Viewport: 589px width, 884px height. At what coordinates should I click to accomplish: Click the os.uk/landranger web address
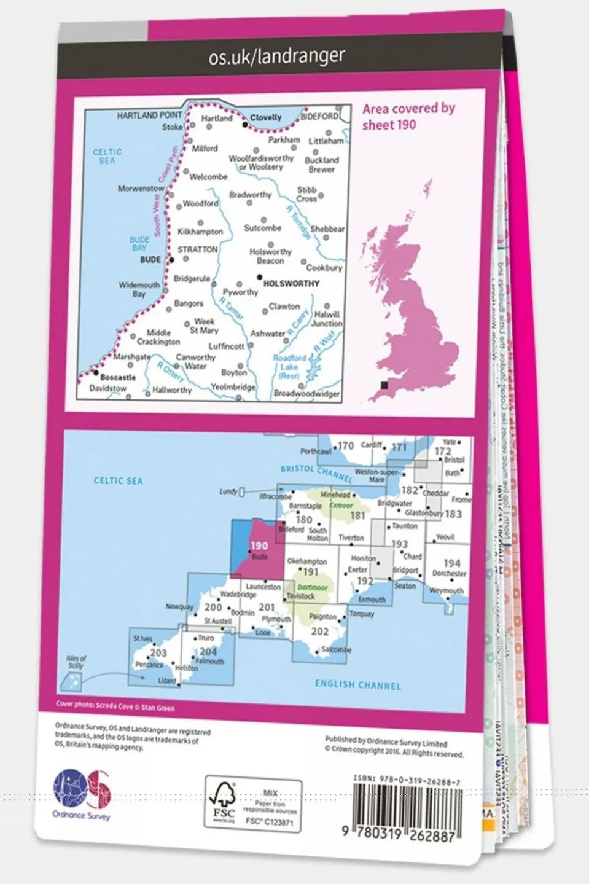click(x=276, y=57)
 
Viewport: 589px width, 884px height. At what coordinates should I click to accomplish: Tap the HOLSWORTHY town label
click(x=291, y=284)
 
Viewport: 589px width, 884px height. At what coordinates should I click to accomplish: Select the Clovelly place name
click(x=266, y=117)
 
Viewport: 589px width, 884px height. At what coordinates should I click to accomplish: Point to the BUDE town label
click(x=150, y=260)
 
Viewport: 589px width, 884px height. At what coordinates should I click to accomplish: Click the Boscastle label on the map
click(x=118, y=377)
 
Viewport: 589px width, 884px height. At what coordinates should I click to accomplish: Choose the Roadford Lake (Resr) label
click(x=289, y=366)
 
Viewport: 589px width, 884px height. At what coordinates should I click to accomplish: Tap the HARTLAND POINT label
click(x=149, y=115)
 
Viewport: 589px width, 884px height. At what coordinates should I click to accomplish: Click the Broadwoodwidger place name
click(x=306, y=394)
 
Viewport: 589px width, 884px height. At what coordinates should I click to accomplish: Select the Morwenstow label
click(x=141, y=189)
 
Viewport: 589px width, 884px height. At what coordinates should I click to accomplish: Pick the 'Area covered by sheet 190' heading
click(x=408, y=116)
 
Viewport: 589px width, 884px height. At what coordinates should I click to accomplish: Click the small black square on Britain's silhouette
click(x=384, y=385)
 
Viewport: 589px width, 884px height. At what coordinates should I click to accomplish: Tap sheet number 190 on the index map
click(x=259, y=546)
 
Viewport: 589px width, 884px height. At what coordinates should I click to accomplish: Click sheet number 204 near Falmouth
click(x=208, y=652)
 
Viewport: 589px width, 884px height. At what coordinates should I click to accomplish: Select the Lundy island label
click(x=228, y=491)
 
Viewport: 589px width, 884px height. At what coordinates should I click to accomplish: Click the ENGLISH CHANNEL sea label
click(x=357, y=685)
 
